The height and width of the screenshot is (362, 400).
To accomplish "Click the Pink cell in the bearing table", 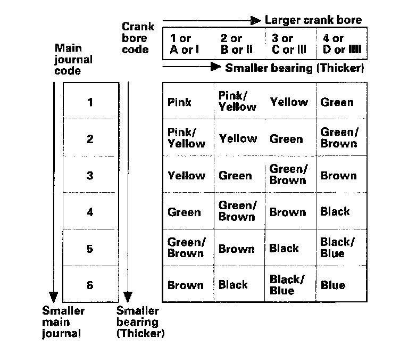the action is click(180, 102).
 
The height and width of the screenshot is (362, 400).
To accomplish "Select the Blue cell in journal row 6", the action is click(333, 285).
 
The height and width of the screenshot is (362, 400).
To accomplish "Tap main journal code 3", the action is click(90, 176).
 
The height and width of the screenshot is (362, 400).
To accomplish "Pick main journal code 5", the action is click(90, 249).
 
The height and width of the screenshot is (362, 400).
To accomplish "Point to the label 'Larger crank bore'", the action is click(313, 20).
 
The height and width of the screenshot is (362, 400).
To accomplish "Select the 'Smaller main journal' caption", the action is click(63, 322).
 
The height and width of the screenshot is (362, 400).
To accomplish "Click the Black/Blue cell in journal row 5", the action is click(337, 248).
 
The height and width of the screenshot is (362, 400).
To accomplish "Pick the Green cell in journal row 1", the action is click(337, 102).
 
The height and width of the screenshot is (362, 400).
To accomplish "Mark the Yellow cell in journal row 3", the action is click(186, 176).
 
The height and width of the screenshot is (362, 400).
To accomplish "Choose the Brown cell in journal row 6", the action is click(185, 285).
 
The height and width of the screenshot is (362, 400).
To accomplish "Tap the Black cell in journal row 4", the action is click(335, 212).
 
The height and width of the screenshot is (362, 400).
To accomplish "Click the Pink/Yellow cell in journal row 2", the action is click(186, 138).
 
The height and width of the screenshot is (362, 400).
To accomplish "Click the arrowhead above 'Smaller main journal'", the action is click(53, 297).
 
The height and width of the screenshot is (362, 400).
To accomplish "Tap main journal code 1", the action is click(90, 102).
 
